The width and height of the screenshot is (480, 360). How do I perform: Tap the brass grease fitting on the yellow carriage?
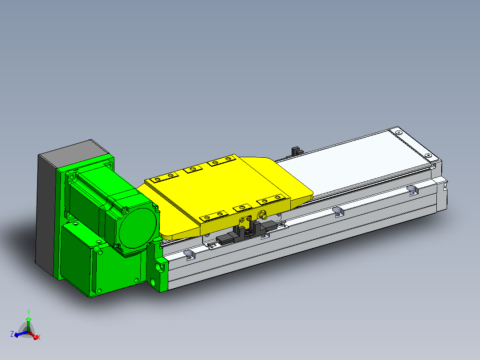pos(262,215)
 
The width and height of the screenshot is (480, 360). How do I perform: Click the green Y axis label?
pos(28,312)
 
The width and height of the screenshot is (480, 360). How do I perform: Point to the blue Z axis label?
pos(12,334)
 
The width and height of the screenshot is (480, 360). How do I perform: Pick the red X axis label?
pos(39,337)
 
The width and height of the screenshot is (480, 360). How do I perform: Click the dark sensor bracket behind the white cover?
pos(296,151)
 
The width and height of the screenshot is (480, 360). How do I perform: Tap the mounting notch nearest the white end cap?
pos(413,190)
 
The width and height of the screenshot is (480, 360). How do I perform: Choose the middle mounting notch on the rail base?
pos(338,211)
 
